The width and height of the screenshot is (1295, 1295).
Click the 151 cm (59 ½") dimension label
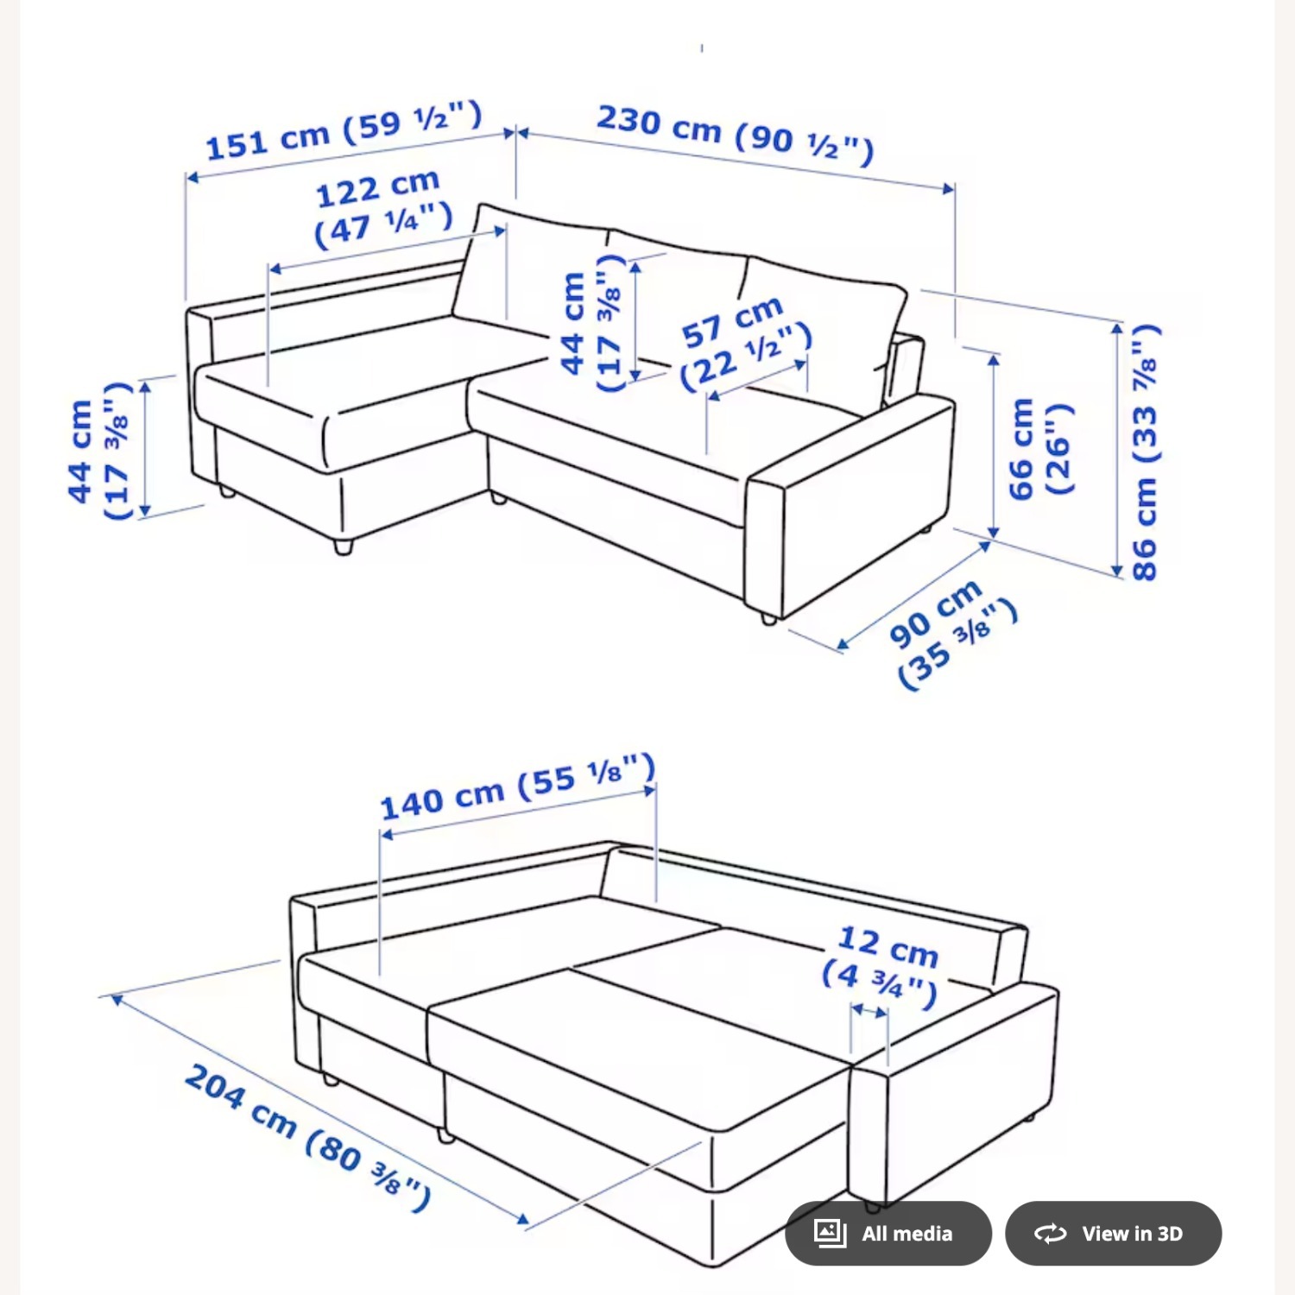pos(344,131)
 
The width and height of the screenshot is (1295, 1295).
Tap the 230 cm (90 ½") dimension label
pos(735,135)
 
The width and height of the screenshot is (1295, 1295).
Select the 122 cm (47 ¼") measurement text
pos(382,208)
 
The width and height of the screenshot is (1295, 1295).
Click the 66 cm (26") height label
pos(1039,447)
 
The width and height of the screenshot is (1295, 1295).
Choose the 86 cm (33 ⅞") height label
pos(1145,452)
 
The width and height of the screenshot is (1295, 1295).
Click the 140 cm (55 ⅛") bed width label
pos(518,787)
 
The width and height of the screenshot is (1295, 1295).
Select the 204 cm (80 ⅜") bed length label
pos(307,1137)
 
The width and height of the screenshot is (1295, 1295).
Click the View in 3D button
pos(1113,1233)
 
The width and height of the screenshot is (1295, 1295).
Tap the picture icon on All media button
pos(830,1233)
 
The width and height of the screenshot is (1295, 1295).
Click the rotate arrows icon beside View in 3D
pos(1051,1233)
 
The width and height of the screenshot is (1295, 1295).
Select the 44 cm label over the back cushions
pos(591,322)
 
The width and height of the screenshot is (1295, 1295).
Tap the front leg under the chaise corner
pos(344,546)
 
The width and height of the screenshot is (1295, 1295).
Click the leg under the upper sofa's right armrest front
pos(768,618)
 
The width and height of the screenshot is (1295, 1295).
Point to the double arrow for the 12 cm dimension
pos(869,1009)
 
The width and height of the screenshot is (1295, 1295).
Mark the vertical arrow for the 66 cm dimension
pos(994,446)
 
